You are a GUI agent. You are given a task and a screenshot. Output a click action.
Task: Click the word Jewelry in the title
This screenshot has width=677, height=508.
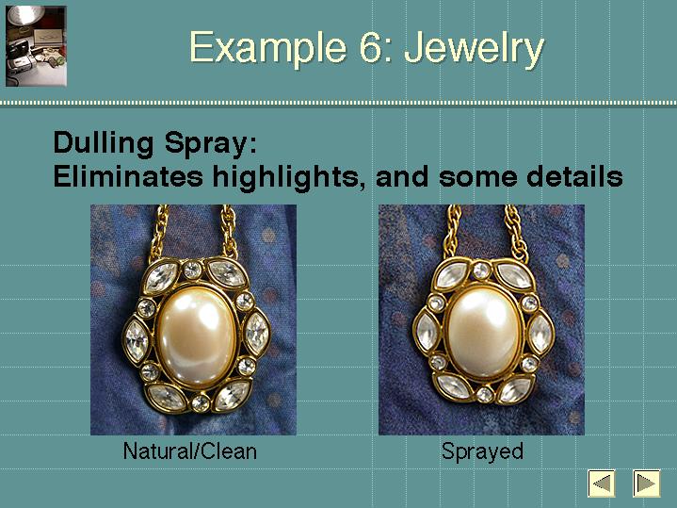click(x=474, y=48)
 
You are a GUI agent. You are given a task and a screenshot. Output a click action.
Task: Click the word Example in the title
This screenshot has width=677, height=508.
click(x=267, y=48)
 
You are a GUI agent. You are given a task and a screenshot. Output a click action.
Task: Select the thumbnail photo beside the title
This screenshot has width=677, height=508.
click(x=36, y=46)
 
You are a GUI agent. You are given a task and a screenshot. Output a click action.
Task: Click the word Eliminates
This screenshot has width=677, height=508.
click(x=128, y=176)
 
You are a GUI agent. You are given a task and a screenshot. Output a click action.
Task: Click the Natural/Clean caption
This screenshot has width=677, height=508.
click(x=190, y=451)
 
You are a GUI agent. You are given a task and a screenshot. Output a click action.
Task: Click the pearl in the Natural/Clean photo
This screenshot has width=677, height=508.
click(x=197, y=336)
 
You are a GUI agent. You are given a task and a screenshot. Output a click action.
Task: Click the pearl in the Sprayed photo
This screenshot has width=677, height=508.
click(x=484, y=332)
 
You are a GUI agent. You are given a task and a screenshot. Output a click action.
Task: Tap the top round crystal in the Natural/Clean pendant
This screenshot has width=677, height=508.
click(x=192, y=270)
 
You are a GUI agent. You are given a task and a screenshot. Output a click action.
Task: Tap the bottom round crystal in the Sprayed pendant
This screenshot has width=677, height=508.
click(x=484, y=394)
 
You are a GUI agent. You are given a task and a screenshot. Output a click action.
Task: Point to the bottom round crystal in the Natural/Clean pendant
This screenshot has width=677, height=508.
click(x=201, y=403)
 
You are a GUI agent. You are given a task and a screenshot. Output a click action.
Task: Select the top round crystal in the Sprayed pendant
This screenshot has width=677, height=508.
click(x=481, y=271)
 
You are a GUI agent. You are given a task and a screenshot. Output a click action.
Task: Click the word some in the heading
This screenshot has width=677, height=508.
click(x=477, y=177)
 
